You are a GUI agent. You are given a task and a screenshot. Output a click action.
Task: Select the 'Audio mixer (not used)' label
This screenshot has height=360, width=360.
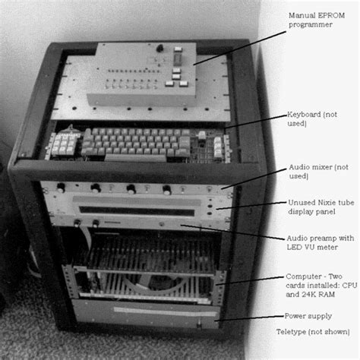(x=313, y=171)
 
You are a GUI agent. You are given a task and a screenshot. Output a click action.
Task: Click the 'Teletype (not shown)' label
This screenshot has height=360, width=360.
(x=315, y=333)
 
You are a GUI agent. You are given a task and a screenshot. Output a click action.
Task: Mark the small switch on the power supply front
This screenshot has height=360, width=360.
(x=200, y=325)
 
